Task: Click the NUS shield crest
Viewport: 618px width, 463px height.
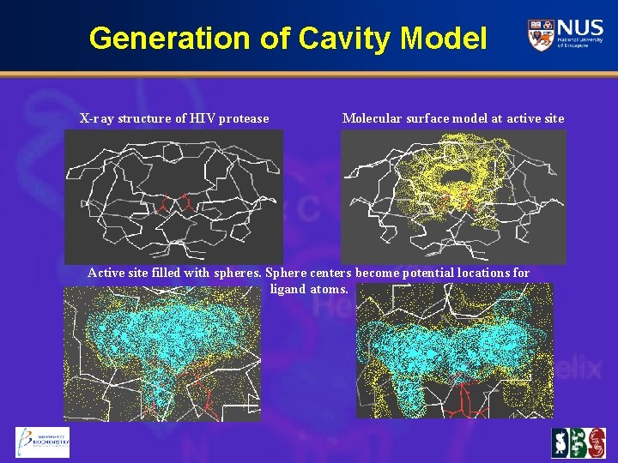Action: [540, 35]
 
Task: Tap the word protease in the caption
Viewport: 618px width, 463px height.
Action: [244, 118]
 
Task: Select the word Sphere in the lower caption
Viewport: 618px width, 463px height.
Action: [286, 274]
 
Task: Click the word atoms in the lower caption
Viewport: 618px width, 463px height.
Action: [330, 289]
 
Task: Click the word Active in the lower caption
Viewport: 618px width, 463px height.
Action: [106, 274]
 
